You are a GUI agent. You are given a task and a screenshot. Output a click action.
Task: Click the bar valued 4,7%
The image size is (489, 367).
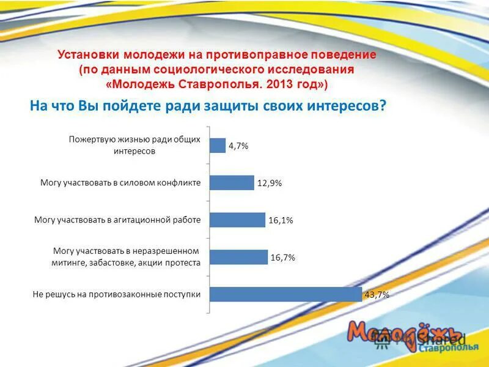click(x=218, y=146)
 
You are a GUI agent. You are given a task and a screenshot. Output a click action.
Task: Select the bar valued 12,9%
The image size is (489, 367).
click(x=232, y=183)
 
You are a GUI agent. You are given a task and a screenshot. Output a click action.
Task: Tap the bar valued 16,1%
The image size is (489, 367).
click(x=237, y=220)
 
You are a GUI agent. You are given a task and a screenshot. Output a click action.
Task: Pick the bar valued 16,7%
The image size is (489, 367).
click(x=238, y=258)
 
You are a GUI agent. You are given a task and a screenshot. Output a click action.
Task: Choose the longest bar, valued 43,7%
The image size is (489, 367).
click(x=285, y=294)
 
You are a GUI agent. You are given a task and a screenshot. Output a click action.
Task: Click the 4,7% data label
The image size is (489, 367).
click(x=238, y=146)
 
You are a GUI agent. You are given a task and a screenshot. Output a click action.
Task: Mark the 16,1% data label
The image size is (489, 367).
click(x=281, y=221)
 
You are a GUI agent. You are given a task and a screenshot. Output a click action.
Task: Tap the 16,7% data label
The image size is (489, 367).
click(x=283, y=258)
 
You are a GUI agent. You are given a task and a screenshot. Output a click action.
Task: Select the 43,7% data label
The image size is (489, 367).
click(x=377, y=295)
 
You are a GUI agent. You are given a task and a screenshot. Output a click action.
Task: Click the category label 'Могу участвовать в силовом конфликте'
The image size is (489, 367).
click(x=120, y=182)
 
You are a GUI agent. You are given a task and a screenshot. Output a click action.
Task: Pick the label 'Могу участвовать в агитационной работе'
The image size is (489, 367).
click(x=117, y=220)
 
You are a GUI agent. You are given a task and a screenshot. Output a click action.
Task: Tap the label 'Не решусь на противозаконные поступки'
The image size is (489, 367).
click(x=117, y=294)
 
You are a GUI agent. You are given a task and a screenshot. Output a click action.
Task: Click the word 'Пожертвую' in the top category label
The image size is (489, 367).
click(x=90, y=139)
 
